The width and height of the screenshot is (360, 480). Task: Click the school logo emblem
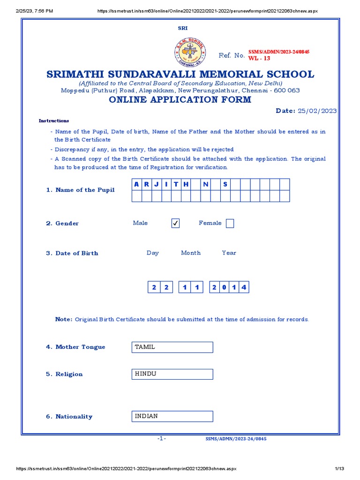(191, 52)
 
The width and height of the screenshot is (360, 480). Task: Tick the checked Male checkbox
(175, 224)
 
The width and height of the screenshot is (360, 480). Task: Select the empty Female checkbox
(230, 224)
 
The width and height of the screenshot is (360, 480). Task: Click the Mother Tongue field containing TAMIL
(172, 347)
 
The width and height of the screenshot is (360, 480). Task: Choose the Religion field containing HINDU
(172, 374)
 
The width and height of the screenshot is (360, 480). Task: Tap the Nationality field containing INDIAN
(172, 416)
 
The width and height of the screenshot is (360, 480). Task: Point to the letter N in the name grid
(205, 184)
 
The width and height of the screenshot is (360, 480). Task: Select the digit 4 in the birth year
(243, 287)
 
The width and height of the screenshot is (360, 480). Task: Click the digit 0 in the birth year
(224, 287)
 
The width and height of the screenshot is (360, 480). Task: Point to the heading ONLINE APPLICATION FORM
(180, 100)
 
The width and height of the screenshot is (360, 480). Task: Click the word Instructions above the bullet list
(53, 121)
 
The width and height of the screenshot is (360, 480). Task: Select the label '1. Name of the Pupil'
(80, 190)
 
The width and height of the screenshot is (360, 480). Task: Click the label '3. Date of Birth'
(72, 253)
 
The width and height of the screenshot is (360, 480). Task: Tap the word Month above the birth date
(191, 253)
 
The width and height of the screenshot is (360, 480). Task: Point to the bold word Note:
(64, 319)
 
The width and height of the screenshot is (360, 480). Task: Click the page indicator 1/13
(340, 469)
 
